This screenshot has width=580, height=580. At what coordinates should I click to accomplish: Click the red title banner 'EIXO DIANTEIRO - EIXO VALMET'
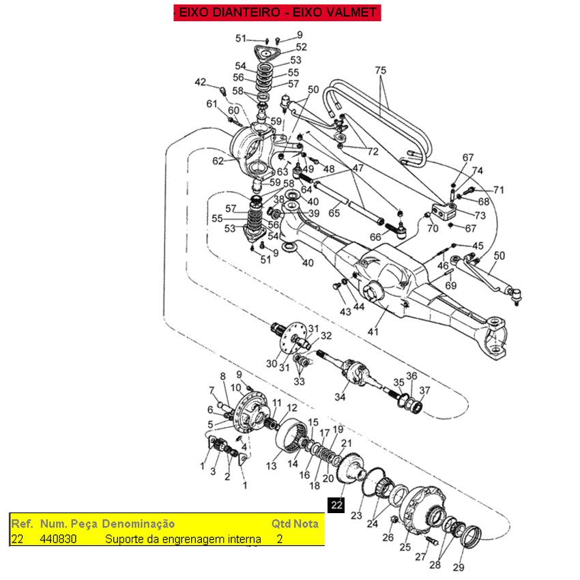click(276, 13)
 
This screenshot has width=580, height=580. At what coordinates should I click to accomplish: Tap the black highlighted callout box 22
click(336, 505)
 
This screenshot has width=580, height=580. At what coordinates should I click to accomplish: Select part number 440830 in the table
click(58, 539)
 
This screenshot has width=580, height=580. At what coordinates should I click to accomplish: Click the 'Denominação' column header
click(138, 524)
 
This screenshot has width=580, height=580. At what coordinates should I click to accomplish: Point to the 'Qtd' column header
click(280, 524)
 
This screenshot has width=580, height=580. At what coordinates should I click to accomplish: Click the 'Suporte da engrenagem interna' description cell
click(183, 539)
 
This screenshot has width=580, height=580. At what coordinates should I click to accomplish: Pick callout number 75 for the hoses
click(381, 70)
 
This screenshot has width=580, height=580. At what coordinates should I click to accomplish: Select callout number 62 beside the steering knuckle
click(218, 162)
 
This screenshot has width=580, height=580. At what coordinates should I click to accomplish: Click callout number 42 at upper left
click(200, 83)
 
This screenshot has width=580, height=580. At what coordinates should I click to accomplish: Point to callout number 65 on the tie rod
click(334, 214)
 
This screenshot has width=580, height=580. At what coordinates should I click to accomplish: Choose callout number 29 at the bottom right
click(458, 568)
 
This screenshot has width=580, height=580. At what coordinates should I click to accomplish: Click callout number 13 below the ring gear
click(272, 466)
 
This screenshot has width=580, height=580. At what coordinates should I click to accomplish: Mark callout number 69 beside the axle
click(451, 285)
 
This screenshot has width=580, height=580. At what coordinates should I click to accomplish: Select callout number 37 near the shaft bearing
click(424, 390)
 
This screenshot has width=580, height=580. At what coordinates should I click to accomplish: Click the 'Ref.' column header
click(23, 524)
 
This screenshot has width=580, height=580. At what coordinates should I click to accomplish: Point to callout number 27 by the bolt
click(420, 557)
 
